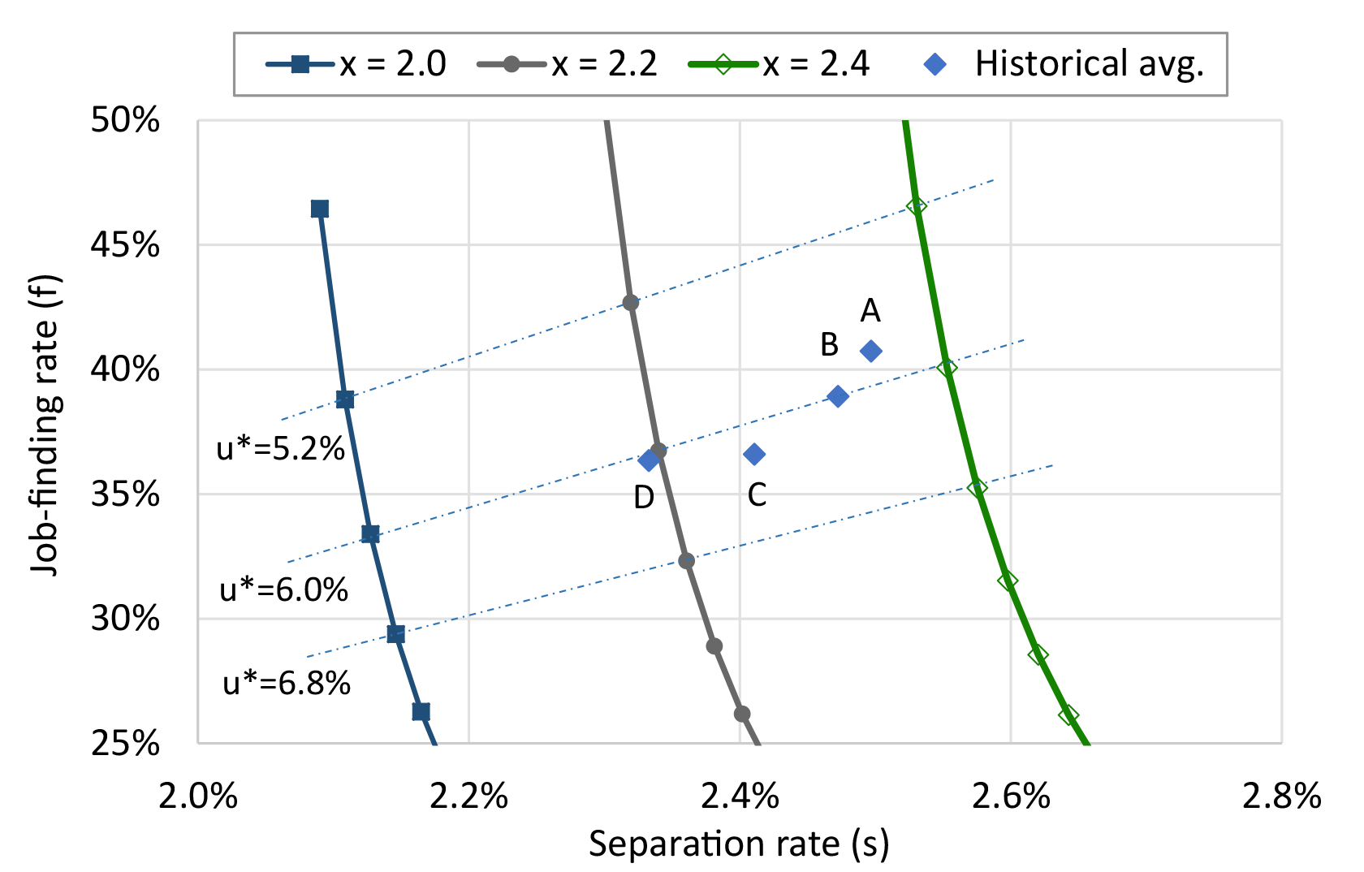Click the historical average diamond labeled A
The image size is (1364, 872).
(870, 352)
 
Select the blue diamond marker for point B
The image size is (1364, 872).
(838, 396)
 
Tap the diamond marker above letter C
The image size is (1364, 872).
(754, 454)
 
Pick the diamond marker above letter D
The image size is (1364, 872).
(648, 460)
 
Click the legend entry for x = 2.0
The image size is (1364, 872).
(357, 64)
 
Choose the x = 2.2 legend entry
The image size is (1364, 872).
(568, 64)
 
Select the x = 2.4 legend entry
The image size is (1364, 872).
(779, 64)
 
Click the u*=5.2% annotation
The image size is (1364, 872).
(281, 448)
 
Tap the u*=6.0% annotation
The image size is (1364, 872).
(284, 589)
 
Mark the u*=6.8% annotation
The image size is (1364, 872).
(287, 684)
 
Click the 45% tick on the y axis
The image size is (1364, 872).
(125, 244)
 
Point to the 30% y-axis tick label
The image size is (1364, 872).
(125, 619)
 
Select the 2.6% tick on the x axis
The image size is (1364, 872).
(1011, 797)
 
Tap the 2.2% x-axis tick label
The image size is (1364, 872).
(469, 797)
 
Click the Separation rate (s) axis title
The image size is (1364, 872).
(739, 844)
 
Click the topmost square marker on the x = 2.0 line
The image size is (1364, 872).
(320, 209)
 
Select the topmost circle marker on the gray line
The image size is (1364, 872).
(630, 303)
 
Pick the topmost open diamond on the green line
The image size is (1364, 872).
(917, 206)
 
